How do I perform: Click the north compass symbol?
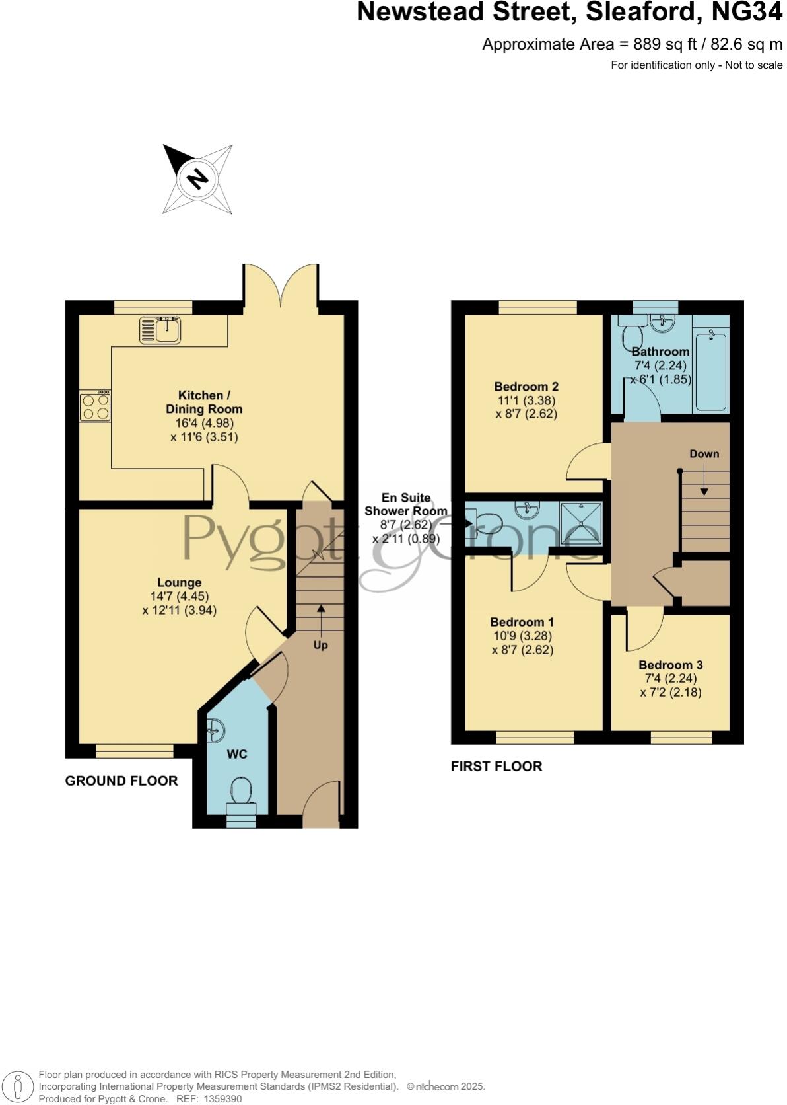pyautogui.click(x=197, y=178)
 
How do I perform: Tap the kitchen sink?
pyautogui.click(x=160, y=330)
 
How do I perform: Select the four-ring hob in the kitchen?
pyautogui.click(x=95, y=406)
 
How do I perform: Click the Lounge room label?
pyautogui.click(x=179, y=582)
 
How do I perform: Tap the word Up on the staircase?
pyautogui.click(x=320, y=644)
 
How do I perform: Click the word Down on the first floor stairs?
pyautogui.click(x=704, y=454)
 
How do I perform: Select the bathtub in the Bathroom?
pyautogui.click(x=711, y=371)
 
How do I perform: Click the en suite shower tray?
pyautogui.click(x=581, y=523)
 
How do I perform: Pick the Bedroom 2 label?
pyautogui.click(x=526, y=387)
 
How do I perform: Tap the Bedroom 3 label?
pyautogui.click(x=670, y=665)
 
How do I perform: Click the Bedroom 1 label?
pyautogui.click(x=522, y=622)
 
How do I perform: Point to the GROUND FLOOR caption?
pyautogui.click(x=121, y=781)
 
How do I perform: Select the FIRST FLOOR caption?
pyautogui.click(x=496, y=766)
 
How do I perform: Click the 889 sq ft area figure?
pyautogui.click(x=661, y=44)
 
